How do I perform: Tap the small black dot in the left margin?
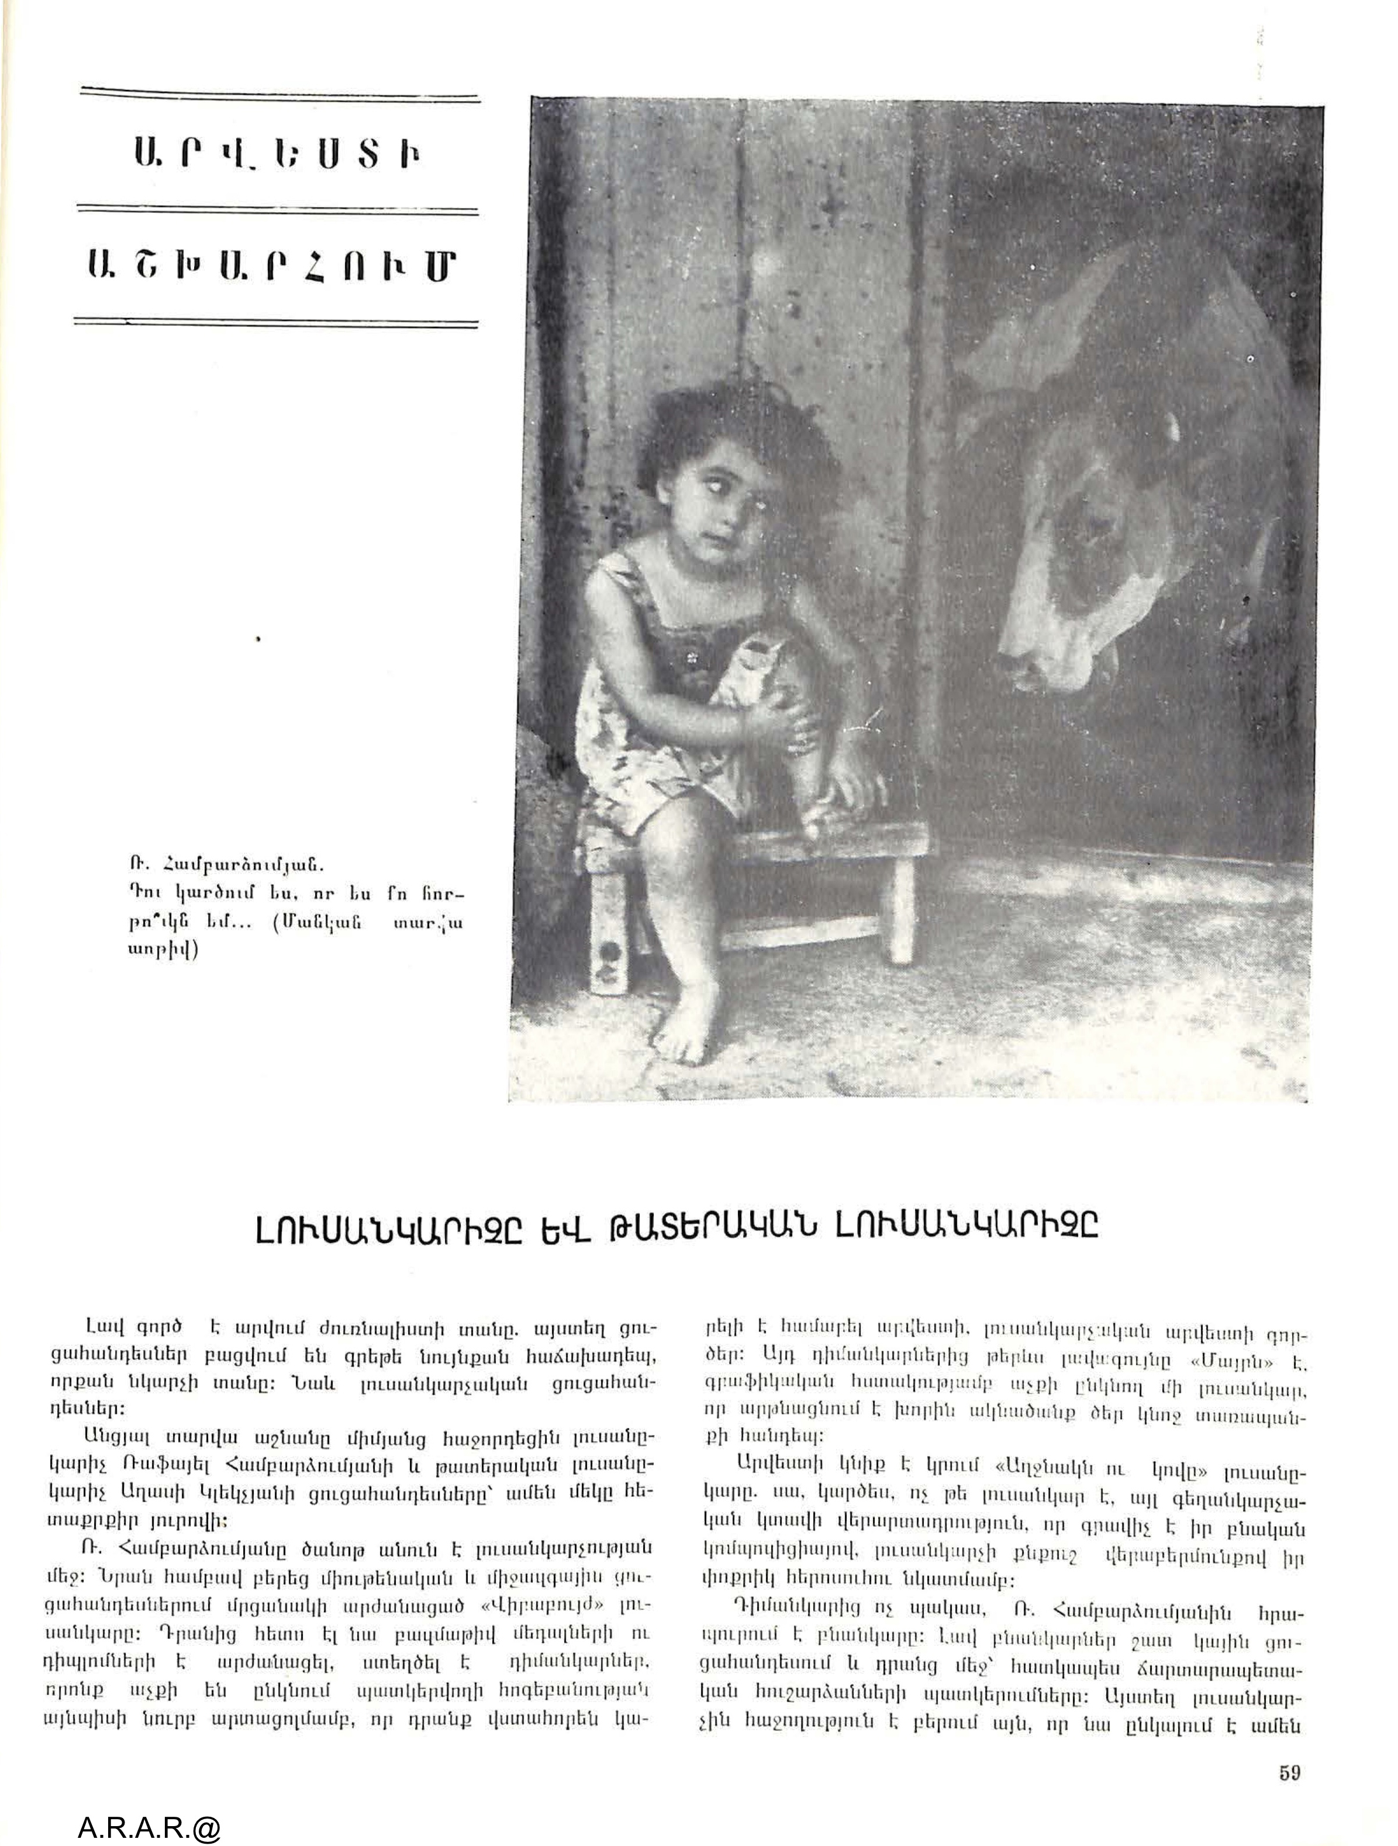259,640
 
